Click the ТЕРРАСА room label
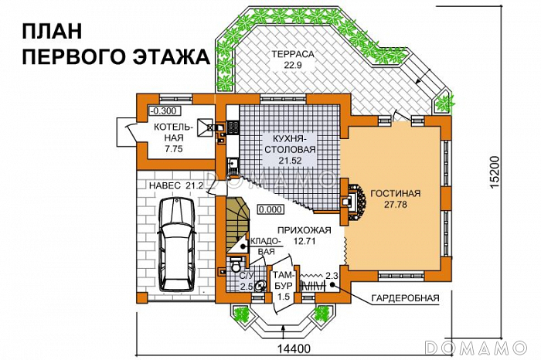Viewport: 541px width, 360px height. coord(293,54)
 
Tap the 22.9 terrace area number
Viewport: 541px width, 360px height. coord(293,66)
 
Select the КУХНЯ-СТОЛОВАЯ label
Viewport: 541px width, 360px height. coord(289,144)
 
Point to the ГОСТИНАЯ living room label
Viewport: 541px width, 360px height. coord(396,193)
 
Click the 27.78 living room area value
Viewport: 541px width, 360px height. coord(396,205)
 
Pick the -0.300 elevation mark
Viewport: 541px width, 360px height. coord(163,111)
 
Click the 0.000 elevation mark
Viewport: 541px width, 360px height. coord(270,209)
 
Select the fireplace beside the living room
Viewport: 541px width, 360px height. coord(352,202)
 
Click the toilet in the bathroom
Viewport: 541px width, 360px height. coord(236,265)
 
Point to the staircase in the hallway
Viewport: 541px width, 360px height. coord(238,225)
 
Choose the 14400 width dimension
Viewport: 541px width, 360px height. coord(294,348)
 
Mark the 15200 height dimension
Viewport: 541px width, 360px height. coord(495,172)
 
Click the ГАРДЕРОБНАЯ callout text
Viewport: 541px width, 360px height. coord(405,298)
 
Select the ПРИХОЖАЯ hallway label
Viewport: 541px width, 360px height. coord(304,230)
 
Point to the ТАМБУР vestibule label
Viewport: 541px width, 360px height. coord(284,280)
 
